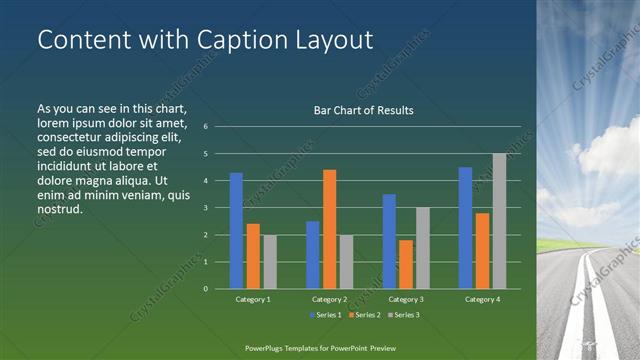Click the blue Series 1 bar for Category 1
pyautogui.click(x=236, y=231)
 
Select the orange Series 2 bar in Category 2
pyautogui.click(x=329, y=229)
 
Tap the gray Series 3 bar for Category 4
pyautogui.click(x=499, y=221)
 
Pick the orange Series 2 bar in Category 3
pyautogui.click(x=406, y=264)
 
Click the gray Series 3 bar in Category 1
pyautogui.click(x=270, y=262)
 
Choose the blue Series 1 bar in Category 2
pyautogui.click(x=312, y=255)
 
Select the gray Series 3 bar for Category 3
pyautogui.click(x=423, y=248)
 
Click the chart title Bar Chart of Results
pyautogui.click(x=363, y=110)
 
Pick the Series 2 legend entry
pyautogui.click(x=364, y=315)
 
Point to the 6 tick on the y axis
pyautogui.click(x=204, y=127)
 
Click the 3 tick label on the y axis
pyautogui.click(x=204, y=208)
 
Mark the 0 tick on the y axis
pyautogui.click(x=204, y=289)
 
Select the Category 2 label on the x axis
pyautogui.click(x=329, y=299)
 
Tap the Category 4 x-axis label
pyautogui.click(x=482, y=299)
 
